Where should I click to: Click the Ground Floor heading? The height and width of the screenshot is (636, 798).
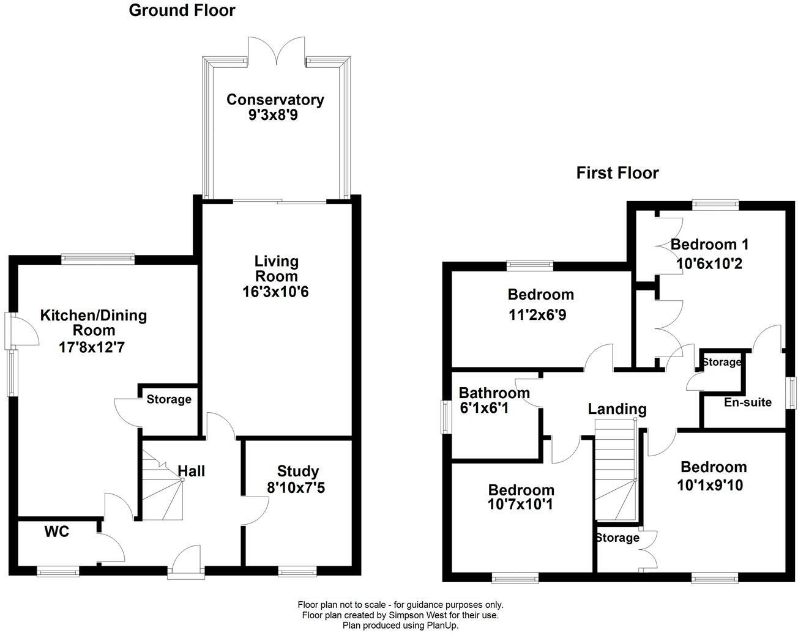point(182,10)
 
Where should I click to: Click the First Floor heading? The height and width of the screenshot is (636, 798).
point(617,173)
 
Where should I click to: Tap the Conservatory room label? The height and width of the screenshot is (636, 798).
point(275,100)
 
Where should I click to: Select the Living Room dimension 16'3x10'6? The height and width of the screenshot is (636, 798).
point(275,292)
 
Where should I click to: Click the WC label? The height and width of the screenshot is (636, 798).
point(56,532)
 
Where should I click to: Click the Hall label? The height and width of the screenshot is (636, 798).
point(192,471)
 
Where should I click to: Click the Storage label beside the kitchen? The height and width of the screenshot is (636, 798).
point(168,399)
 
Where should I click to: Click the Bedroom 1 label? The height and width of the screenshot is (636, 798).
point(709,245)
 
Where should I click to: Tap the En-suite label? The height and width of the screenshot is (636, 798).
point(747,402)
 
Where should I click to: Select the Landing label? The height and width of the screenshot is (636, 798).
point(617,409)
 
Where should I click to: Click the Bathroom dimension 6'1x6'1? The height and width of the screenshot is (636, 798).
point(484,408)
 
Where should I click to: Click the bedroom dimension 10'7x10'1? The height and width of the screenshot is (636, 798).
point(521,505)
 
